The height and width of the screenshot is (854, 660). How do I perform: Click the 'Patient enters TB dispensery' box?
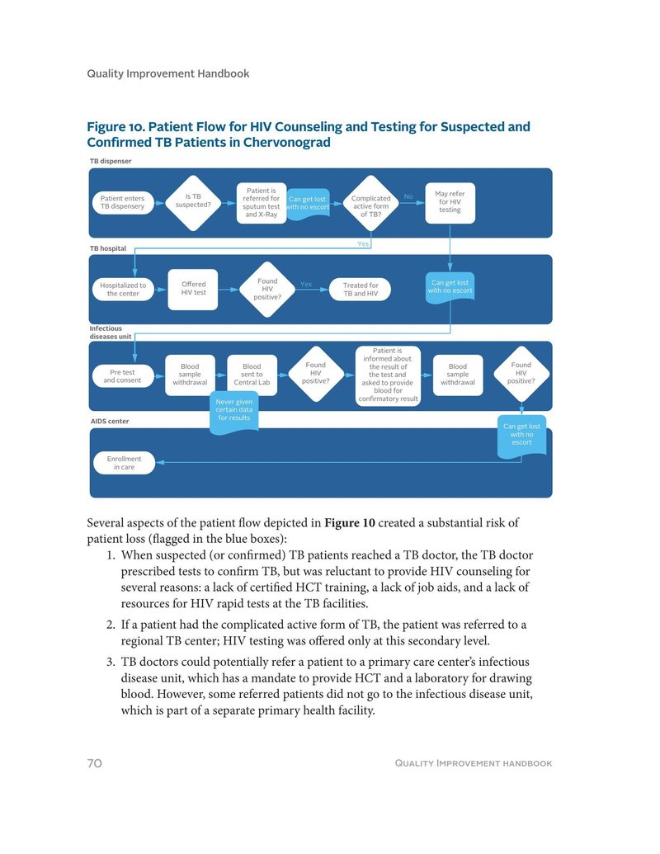(x=122, y=202)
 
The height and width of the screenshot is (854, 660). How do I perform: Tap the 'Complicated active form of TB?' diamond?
(x=370, y=203)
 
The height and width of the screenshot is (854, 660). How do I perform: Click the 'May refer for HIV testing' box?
(x=450, y=202)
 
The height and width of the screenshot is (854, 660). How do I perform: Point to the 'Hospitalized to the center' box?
(x=123, y=290)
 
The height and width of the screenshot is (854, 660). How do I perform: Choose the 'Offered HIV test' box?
(x=193, y=289)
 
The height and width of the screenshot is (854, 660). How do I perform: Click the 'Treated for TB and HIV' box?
(x=361, y=290)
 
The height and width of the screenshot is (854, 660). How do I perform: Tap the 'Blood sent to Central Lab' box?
(x=252, y=375)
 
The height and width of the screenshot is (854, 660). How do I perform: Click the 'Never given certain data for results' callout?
(x=234, y=410)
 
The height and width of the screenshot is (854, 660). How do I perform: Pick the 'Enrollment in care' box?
(x=125, y=463)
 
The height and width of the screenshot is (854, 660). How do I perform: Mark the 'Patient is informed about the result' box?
(x=388, y=375)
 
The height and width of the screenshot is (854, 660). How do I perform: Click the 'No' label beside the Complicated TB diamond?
(x=408, y=196)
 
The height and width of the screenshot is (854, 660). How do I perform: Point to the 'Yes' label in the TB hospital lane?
(x=305, y=284)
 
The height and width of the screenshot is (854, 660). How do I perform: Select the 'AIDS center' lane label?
(x=109, y=422)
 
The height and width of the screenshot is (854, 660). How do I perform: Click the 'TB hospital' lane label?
(x=107, y=248)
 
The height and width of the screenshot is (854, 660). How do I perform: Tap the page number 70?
(x=94, y=763)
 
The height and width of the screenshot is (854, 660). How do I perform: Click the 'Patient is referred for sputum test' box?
(x=262, y=202)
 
